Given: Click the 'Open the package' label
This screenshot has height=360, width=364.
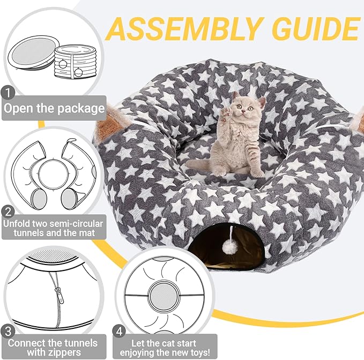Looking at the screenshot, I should [54, 108].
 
